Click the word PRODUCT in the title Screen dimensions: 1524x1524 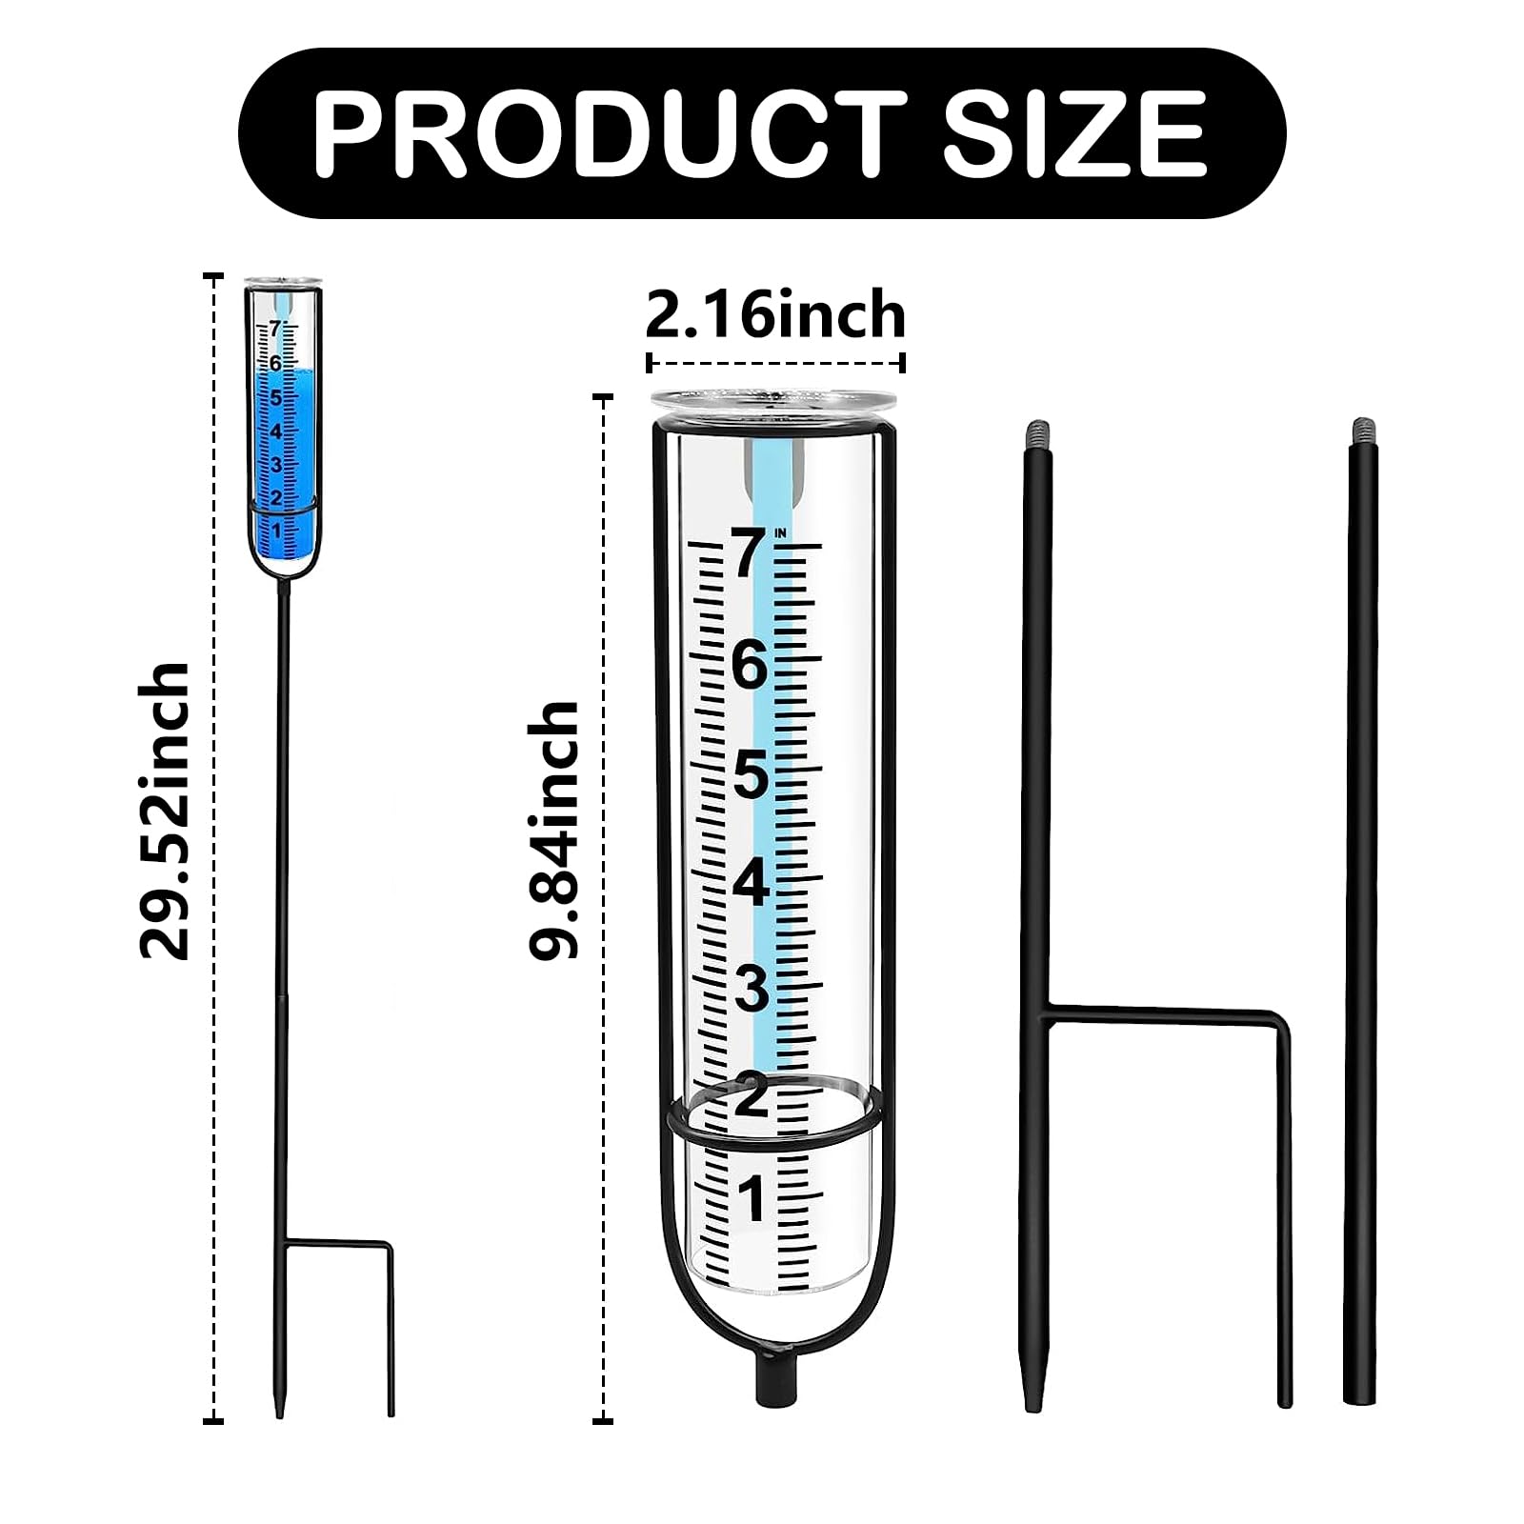coord(610,132)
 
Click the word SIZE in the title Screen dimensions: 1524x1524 coord(1074,132)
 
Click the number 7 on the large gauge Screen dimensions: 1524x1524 coord(749,554)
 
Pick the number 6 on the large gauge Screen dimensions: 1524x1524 coord(750,665)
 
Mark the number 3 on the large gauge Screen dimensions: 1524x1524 coord(751,990)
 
